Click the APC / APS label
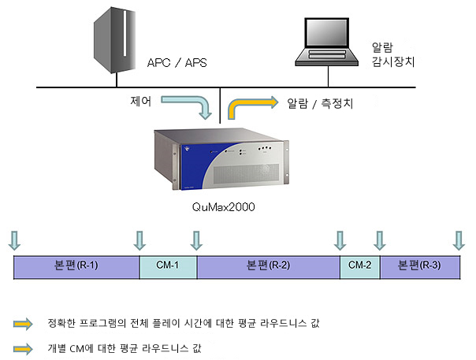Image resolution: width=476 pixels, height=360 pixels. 177,63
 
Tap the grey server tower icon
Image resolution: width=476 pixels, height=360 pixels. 114,40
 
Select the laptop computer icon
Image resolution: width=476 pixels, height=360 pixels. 326,42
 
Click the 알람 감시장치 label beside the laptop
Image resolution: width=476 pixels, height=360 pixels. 392,54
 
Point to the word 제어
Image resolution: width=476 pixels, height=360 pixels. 140,101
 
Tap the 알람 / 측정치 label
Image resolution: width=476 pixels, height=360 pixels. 320,103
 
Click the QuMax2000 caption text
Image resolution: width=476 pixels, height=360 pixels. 224,207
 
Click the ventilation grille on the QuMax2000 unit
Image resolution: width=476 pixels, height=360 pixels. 246,173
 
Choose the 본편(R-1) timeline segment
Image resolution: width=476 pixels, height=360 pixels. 76,267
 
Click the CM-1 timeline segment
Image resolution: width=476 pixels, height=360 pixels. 168,267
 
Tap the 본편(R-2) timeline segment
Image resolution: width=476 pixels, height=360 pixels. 269,267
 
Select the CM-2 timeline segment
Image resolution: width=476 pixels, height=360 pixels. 360,267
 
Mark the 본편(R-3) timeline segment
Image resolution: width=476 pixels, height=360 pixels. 420,267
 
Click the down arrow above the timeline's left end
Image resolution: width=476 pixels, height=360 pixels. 14,240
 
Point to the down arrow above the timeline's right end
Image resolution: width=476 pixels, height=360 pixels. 459,240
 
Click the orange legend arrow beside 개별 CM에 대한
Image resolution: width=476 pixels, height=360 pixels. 23,349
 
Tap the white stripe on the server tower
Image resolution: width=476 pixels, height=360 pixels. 125,33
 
